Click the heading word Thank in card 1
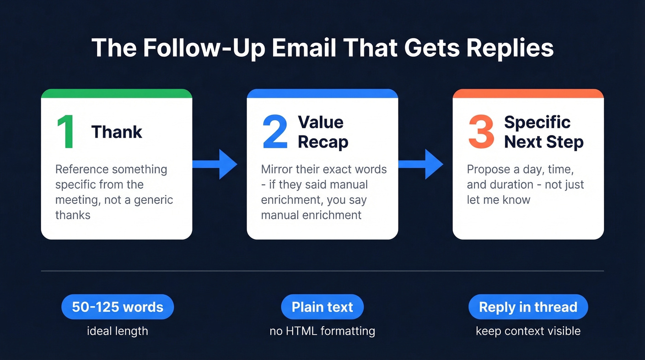(117, 132)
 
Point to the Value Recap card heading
(322, 132)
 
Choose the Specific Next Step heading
(544, 132)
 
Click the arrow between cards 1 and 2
(214, 164)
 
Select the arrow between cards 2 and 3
(420, 164)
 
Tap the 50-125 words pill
(117, 307)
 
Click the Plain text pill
(322, 307)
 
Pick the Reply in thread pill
(528, 307)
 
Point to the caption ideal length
(117, 330)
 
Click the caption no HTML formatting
(322, 330)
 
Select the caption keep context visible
(528, 330)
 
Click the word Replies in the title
(510, 48)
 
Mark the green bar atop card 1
(117, 94)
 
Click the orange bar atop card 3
(528, 94)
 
